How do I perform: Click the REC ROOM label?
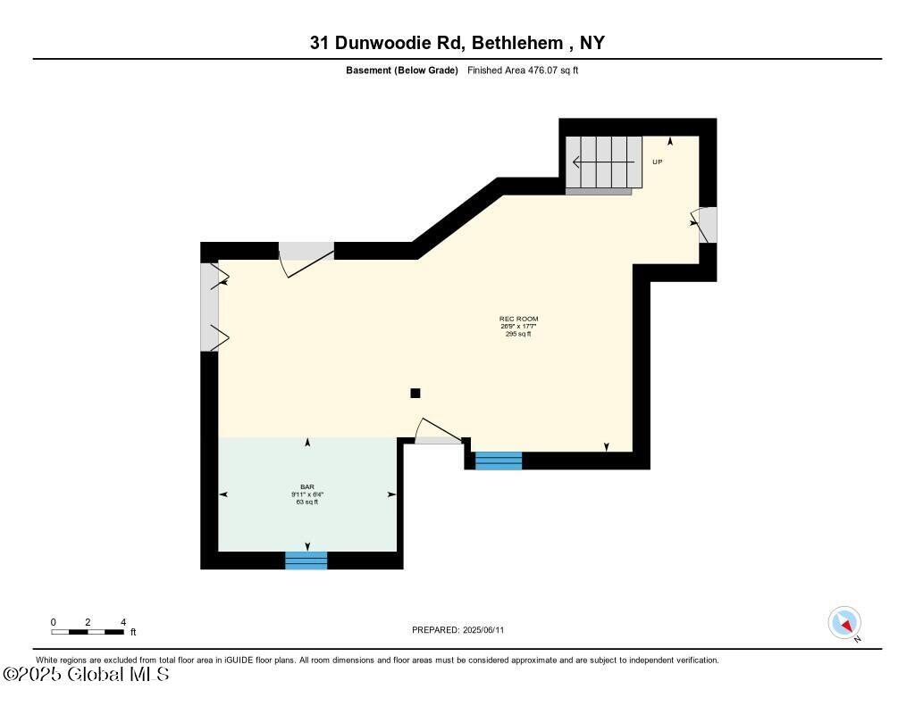point(518,319)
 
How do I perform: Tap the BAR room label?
point(306,486)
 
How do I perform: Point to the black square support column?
point(415,393)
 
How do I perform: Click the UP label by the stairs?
point(657,162)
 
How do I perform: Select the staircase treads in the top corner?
point(604,162)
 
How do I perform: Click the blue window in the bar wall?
point(306,561)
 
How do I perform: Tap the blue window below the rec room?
point(498,461)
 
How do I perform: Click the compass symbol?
point(844,622)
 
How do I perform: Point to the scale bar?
point(88,631)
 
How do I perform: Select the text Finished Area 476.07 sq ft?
point(523,71)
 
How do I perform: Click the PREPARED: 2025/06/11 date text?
point(457,630)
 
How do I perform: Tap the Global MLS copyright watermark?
point(86,675)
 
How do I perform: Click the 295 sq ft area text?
point(518,334)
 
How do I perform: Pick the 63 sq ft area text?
point(306,502)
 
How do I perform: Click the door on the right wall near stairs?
point(707,225)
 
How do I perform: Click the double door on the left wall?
point(211,306)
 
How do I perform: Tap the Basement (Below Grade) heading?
point(402,71)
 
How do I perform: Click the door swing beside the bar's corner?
point(439,434)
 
